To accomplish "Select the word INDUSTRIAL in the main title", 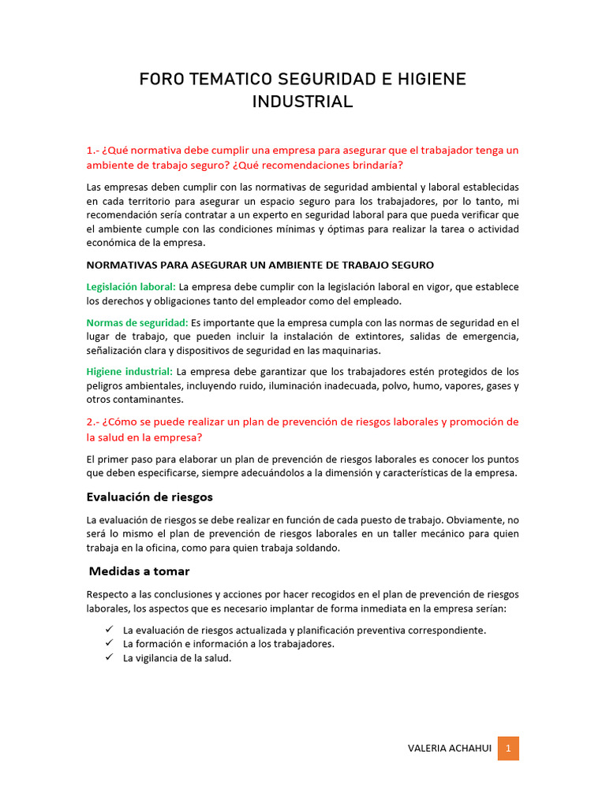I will [302, 102].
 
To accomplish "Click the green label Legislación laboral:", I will [131, 287].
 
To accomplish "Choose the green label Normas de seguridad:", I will [137, 322].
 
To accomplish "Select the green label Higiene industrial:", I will [129, 371].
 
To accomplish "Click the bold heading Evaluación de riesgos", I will [149, 497].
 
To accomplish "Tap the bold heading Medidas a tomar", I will [139, 571].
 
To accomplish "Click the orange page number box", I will [508, 749].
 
